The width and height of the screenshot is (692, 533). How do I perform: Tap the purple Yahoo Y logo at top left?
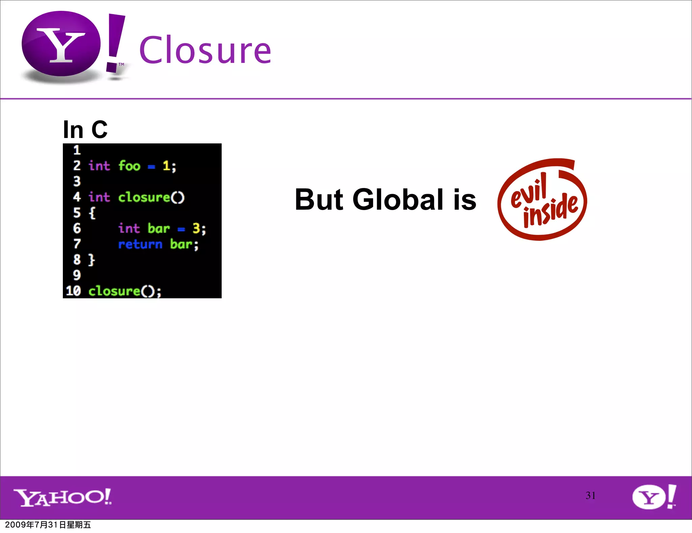click(x=61, y=44)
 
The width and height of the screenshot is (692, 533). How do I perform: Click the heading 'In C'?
click(x=85, y=130)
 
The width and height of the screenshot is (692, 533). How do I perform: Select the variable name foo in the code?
click(x=129, y=166)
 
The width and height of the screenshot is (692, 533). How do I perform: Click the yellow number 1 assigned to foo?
click(x=166, y=166)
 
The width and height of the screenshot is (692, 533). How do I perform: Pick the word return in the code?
click(x=140, y=244)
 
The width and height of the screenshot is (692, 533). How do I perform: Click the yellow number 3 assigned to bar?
click(x=196, y=229)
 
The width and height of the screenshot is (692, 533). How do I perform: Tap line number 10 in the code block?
click(x=73, y=291)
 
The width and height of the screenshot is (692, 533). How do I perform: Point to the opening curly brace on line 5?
click(x=92, y=213)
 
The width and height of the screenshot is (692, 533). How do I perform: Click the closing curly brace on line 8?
click(x=92, y=260)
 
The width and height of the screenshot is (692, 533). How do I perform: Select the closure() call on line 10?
click(x=124, y=291)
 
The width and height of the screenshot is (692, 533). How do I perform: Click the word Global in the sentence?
click(x=398, y=200)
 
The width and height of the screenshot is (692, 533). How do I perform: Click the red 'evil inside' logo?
click(x=542, y=200)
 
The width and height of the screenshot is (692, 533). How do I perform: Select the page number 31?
click(x=590, y=495)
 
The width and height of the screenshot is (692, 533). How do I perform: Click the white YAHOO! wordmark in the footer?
click(x=63, y=497)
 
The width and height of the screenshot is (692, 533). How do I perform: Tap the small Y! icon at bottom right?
click(x=654, y=497)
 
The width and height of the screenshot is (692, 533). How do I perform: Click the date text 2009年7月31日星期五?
click(x=48, y=525)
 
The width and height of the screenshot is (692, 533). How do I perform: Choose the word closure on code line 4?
click(x=144, y=197)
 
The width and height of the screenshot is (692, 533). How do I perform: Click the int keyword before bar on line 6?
click(x=129, y=229)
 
